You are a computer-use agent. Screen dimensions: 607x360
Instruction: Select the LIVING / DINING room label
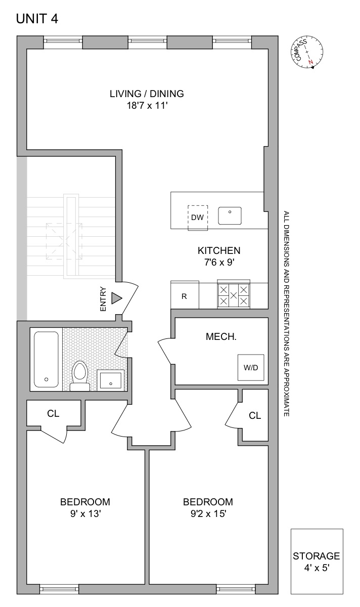[147, 94]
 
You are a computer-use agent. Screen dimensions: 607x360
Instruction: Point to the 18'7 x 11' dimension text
[147, 106]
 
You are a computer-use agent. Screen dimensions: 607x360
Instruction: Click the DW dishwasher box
[198, 218]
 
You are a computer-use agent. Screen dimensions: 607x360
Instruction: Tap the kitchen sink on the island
[230, 215]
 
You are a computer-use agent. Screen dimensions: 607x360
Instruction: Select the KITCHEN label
[218, 250]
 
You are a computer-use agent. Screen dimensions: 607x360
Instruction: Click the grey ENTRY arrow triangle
[117, 298]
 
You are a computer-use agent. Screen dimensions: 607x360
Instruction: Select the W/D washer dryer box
[251, 368]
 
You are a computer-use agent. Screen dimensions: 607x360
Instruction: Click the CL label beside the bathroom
[53, 413]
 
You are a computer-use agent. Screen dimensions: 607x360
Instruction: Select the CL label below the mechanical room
[255, 415]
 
